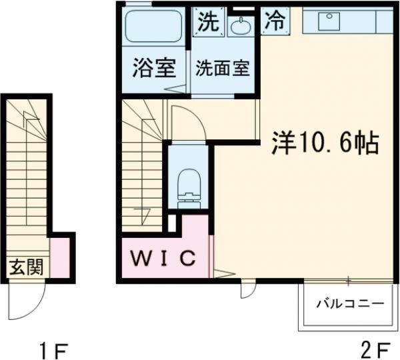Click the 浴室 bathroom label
pyautogui.click(x=154, y=69)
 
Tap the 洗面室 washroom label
pyautogui.click(x=222, y=69)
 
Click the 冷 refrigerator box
pyautogui.click(x=274, y=20)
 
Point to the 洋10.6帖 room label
pyautogui.click(x=325, y=143)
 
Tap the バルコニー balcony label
pyautogui.click(x=349, y=304)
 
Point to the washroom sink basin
pyautogui.click(x=239, y=25)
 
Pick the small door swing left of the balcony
pyautogui.click(x=247, y=291)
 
